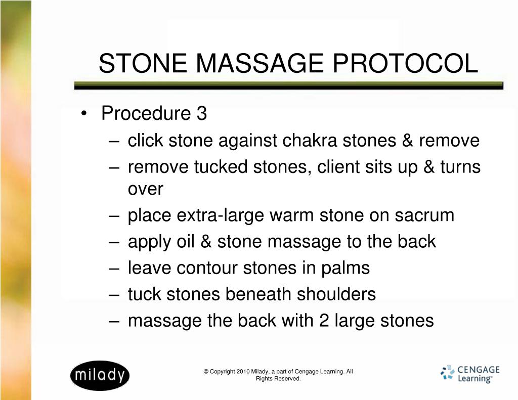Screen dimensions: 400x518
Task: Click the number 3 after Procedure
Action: [x=202, y=114]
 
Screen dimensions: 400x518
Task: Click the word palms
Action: [x=346, y=268]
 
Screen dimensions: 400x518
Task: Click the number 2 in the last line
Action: [x=324, y=320]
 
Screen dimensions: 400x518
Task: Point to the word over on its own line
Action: [x=145, y=189]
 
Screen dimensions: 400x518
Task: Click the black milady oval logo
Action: [x=100, y=375]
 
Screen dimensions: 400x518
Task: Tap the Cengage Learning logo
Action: [x=469, y=374]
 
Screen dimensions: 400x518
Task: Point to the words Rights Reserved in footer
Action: [x=278, y=379]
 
